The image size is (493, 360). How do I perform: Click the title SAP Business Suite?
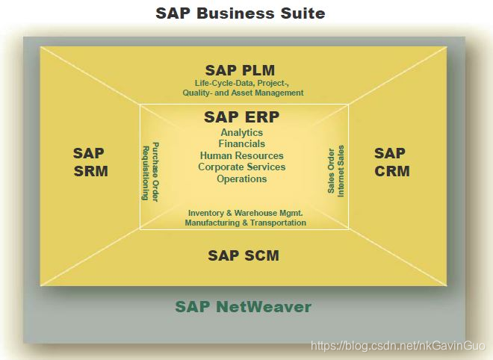pos(240,13)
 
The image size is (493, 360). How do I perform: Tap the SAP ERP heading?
pos(241,118)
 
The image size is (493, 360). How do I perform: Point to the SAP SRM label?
pos(90,162)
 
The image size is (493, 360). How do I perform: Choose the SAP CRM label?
pos(391,162)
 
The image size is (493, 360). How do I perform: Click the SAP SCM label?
pos(244,255)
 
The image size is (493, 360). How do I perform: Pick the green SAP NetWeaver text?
pos(244,307)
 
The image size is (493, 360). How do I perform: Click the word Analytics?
pos(241,133)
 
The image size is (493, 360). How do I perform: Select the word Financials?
pos(241,144)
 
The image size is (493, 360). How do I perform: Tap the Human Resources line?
pos(241,155)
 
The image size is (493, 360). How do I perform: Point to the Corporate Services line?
pos(241,167)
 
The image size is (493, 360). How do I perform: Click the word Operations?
pos(241,179)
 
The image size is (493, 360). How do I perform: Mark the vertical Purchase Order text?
pos(155,171)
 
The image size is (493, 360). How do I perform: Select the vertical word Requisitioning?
pos(146,171)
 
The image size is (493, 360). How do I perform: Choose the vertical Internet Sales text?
pos(341,171)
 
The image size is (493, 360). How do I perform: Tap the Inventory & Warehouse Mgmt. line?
pos(245,213)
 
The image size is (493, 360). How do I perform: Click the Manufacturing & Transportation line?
pos(245,223)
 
